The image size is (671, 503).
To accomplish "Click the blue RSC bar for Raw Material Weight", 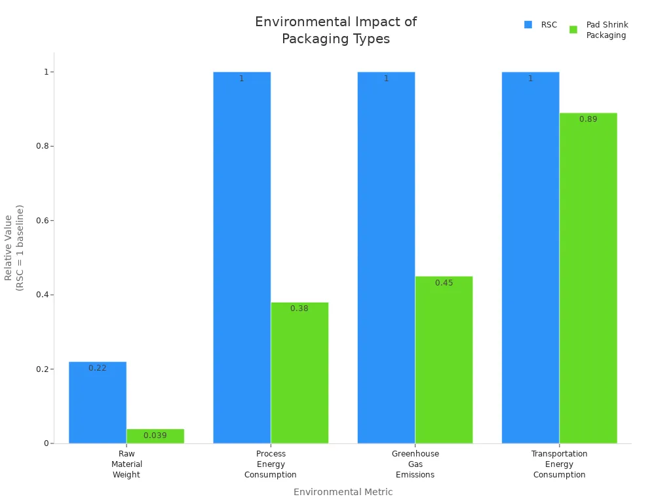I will point(98,403).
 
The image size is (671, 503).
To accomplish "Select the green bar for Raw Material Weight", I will point(155,436).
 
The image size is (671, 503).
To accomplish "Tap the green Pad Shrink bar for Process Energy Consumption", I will point(299,373).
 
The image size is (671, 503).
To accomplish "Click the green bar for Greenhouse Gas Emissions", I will point(444,360).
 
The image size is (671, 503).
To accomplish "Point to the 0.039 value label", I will point(155,436).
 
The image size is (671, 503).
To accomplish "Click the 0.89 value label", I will point(588,119).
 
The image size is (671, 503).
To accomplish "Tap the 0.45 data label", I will point(444,283).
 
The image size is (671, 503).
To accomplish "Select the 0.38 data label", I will point(299,308).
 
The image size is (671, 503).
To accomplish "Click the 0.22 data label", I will point(98,368).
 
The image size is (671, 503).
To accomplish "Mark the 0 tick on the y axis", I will point(47,443).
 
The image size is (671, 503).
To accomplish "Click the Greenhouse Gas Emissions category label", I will point(415,464).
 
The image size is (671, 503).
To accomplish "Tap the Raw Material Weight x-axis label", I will point(126,464).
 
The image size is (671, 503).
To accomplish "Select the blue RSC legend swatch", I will point(528,25).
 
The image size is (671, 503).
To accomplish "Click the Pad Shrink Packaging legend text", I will point(606,30).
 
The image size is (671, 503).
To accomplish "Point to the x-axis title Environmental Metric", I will point(343,492).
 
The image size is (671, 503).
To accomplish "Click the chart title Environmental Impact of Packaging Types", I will point(335,30).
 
